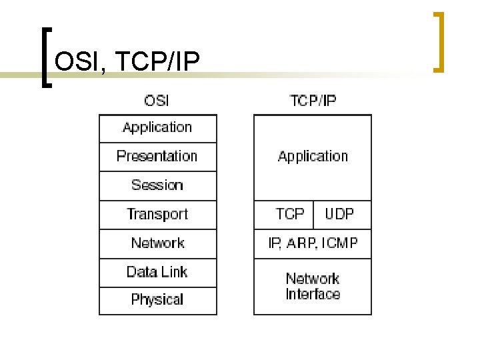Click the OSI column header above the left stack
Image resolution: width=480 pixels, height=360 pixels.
(x=157, y=101)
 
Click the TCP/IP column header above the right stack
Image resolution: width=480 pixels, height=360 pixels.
(x=313, y=101)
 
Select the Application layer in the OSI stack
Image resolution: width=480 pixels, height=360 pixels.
(x=157, y=127)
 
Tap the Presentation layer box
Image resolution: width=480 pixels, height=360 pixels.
(x=157, y=157)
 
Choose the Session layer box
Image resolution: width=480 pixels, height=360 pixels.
(x=157, y=185)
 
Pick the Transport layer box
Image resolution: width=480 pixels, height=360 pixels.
(x=157, y=215)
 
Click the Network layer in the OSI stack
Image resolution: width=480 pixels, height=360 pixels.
(x=157, y=243)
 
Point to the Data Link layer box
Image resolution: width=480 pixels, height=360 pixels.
(x=157, y=272)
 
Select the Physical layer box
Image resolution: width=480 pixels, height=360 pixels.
(x=157, y=300)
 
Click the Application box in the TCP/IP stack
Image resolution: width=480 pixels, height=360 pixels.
(x=313, y=157)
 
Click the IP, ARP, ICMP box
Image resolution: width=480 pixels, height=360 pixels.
(x=313, y=243)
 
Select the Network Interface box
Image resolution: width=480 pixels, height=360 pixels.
(x=313, y=287)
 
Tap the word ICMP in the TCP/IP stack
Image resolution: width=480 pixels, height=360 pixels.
(x=339, y=243)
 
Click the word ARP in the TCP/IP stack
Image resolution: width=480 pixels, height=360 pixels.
(x=301, y=243)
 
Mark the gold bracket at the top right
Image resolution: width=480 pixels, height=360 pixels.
(x=439, y=41)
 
